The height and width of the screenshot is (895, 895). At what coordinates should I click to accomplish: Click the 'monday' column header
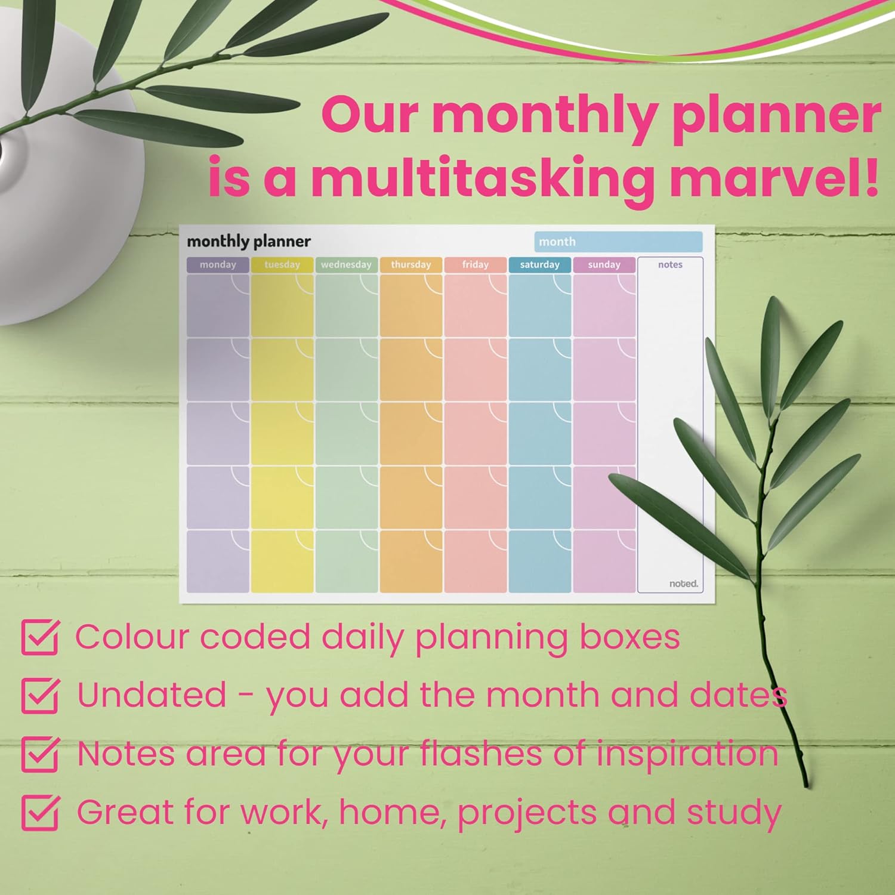(x=218, y=265)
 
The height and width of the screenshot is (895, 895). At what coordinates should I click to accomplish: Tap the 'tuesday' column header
(x=282, y=265)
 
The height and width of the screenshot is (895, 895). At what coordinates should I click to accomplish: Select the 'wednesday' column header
(x=347, y=265)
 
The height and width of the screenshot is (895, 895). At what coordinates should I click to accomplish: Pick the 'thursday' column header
(x=411, y=265)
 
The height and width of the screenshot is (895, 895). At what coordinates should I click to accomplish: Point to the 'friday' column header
(x=476, y=265)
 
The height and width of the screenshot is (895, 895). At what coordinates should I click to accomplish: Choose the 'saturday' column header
(x=540, y=265)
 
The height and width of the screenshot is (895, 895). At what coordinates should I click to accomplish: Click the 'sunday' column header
(x=604, y=265)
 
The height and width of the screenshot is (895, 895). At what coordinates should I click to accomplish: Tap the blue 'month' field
(x=618, y=242)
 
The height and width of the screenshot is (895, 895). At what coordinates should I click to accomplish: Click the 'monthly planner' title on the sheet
(x=249, y=242)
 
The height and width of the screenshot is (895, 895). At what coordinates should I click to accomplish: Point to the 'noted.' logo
(x=683, y=584)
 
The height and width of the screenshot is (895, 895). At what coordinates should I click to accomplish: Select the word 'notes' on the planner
(x=670, y=265)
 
